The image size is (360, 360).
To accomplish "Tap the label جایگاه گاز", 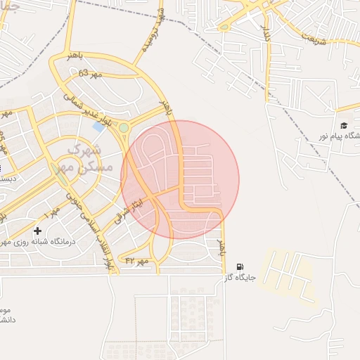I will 238,278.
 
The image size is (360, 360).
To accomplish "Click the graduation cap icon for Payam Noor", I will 345,125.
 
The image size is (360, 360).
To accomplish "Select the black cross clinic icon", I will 37,231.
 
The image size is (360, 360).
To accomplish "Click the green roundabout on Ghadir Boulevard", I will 124,127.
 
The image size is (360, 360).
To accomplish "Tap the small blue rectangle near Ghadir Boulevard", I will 97,127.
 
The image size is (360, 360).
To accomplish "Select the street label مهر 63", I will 90,72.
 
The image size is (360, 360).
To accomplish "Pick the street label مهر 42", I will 138,260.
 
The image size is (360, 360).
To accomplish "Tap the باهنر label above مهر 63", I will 70,56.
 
